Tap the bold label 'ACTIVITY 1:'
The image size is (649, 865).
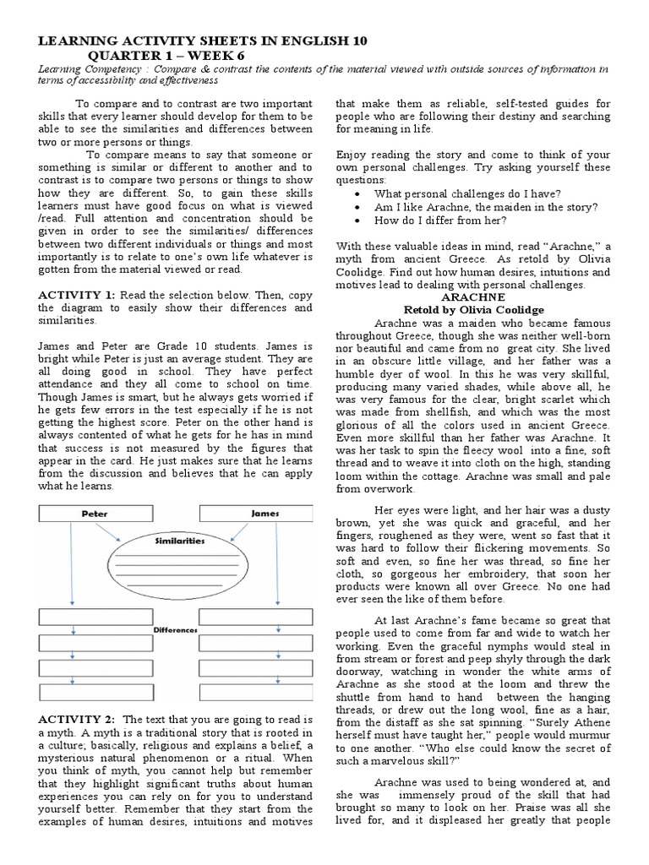click(76, 296)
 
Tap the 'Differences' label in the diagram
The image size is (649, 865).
click(176, 629)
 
